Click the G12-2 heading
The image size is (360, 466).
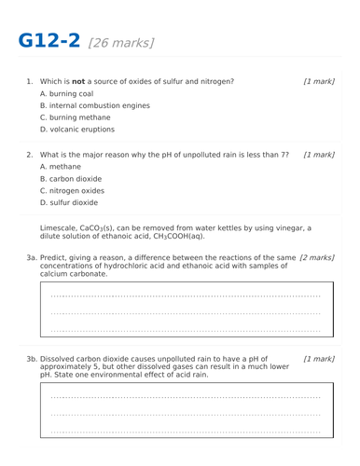tap(48, 41)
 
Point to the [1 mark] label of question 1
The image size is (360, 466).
tap(318, 82)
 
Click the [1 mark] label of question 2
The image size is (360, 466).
tap(318, 154)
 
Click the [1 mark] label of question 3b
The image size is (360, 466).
tap(318, 357)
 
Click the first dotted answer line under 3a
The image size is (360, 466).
tap(185, 296)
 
